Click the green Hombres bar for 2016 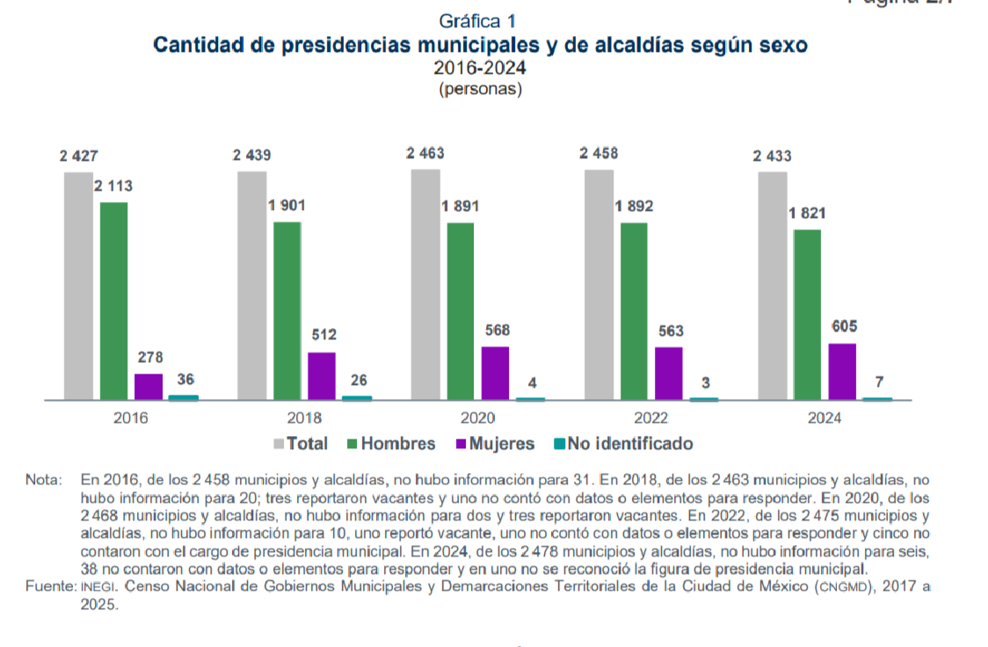coord(113,301)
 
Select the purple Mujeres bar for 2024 coord(842,371)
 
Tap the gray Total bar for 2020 coord(425,284)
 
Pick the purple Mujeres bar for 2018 coord(322,375)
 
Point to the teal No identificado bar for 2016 coord(184,397)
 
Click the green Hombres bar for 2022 coord(634,311)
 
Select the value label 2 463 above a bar coord(425,154)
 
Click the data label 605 coord(843,327)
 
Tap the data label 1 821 coord(807,214)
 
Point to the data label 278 coord(149,358)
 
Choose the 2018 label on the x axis coord(304,418)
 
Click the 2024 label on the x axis coord(825,418)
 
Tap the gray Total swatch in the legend coord(280,444)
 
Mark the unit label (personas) coord(480,89)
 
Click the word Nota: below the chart coord(44,481)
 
